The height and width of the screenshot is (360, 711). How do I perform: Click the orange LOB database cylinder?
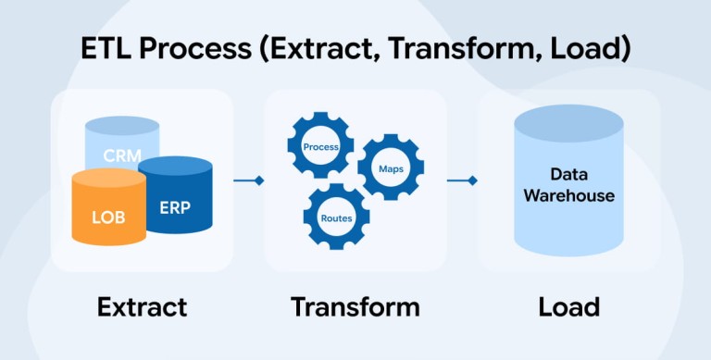(109, 206)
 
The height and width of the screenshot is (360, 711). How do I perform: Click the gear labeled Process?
(320, 145)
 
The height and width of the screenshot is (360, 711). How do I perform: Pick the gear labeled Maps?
(391, 167)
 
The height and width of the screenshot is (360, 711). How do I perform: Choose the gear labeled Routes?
(336, 217)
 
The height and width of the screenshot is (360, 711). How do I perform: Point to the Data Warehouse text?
(569, 185)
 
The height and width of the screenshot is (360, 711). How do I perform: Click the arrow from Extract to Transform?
(248, 180)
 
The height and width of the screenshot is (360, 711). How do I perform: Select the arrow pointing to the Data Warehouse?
(462, 180)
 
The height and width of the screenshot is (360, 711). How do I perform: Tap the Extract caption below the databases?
(142, 307)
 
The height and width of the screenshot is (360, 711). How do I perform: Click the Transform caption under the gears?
(355, 307)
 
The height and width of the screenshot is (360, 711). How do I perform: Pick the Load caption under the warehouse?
(569, 307)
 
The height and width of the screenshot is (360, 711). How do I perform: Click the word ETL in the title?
(106, 48)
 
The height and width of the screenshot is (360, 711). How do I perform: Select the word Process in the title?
(195, 48)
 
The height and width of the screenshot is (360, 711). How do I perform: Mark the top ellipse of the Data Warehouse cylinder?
(569, 123)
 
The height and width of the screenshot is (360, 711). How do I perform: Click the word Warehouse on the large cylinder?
(569, 195)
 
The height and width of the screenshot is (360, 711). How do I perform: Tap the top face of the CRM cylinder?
(122, 126)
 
